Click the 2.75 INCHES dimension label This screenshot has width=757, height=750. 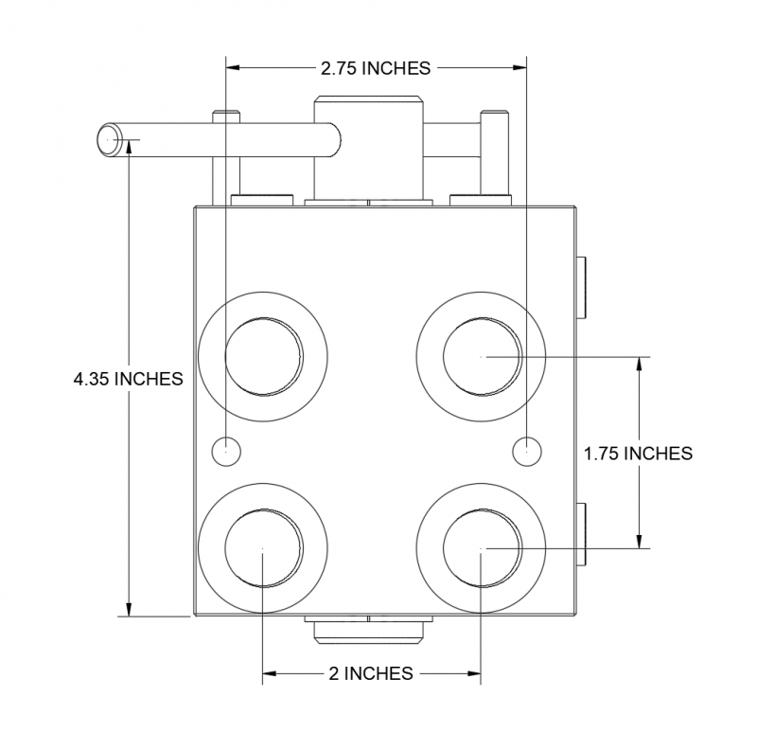pos(376,67)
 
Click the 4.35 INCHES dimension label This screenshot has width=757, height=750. pos(127,379)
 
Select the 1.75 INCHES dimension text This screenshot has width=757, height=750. pos(638,453)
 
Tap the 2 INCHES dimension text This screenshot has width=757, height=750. pos(371,673)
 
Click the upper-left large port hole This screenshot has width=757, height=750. pos(264,356)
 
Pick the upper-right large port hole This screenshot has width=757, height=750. pos(483,356)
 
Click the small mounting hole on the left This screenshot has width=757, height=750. pos(227,451)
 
